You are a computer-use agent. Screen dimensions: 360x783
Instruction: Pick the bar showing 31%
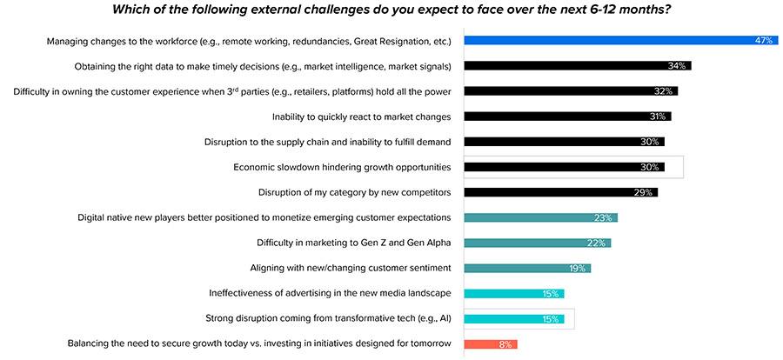coord(565,116)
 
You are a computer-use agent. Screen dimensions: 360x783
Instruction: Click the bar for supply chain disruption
coord(561,141)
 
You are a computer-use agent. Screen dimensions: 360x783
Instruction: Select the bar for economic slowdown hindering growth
coord(561,167)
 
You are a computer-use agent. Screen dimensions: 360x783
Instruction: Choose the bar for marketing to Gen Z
coord(535,243)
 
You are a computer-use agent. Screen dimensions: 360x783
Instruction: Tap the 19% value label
coord(578,269)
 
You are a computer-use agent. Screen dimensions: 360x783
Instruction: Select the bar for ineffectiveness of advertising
coord(513,294)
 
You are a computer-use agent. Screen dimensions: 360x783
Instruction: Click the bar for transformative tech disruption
coord(513,319)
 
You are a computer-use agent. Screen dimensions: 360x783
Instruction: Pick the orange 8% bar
coord(490,344)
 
